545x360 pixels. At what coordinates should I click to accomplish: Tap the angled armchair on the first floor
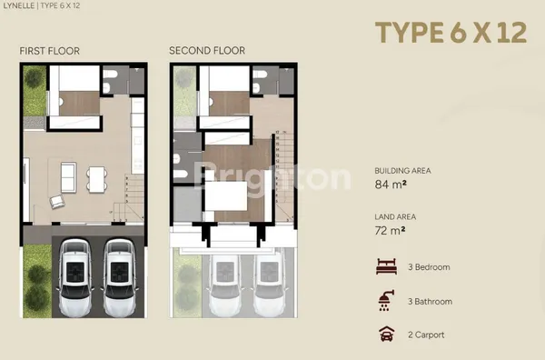click(57, 201)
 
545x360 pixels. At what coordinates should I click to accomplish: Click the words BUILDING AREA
click(402, 170)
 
